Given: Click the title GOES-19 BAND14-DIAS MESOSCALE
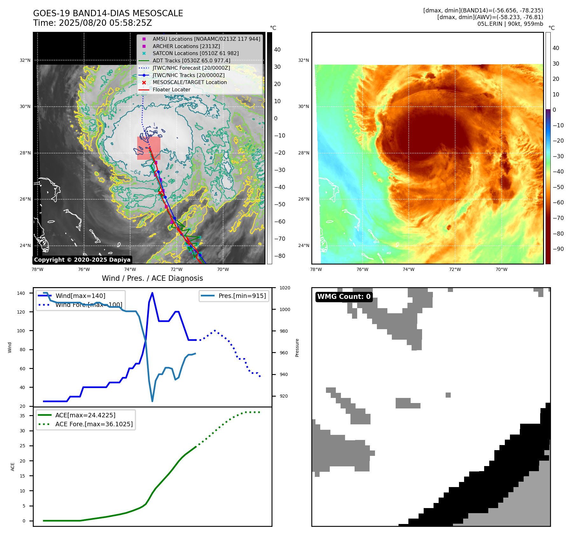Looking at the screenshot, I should [x=108, y=13].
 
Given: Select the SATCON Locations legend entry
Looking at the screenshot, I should [x=195, y=53].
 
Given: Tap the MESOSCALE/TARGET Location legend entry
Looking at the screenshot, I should [x=189, y=82].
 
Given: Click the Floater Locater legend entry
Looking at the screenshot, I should [x=171, y=90].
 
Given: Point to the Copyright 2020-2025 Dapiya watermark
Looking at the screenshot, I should [x=82, y=260].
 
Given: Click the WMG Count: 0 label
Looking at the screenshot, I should [x=344, y=297].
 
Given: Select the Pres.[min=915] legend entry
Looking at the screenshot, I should [x=242, y=296].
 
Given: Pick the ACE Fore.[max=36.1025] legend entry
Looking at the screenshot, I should [x=94, y=424].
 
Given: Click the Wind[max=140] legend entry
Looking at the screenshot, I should [x=80, y=296].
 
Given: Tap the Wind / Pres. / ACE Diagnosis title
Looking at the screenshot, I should [x=152, y=278].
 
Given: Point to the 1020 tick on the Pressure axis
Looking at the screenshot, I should [x=285, y=288].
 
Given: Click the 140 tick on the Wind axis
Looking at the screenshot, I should [x=21, y=293].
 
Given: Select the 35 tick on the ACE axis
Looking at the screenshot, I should [x=22, y=416].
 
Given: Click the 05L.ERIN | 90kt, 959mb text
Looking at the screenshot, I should [x=510, y=24].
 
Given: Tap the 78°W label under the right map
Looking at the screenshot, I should [x=316, y=270].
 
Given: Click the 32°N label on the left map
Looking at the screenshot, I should [x=25, y=60].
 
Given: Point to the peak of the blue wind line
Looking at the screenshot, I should [x=152, y=293].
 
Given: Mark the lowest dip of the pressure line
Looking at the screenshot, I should [x=152, y=401].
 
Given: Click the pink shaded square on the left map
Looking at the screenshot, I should [x=149, y=148].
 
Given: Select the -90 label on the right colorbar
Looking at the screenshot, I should [x=558, y=249].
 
